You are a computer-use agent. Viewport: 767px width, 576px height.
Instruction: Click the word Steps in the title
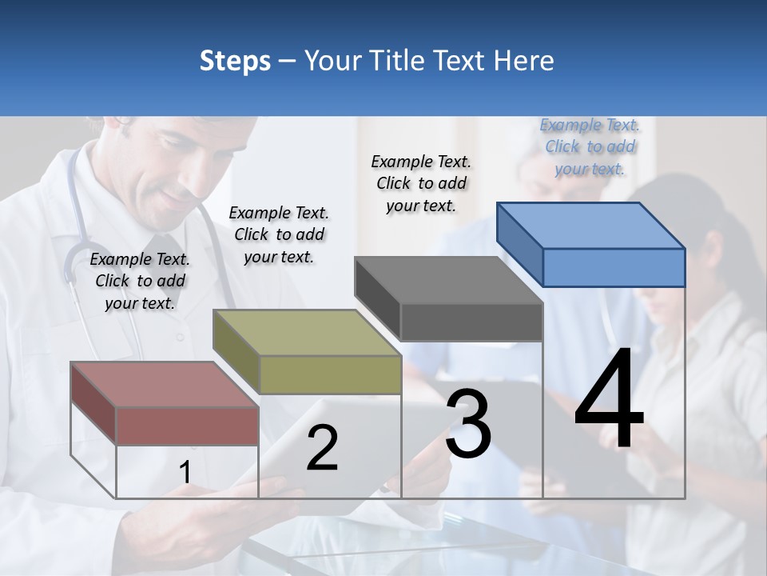click(x=235, y=62)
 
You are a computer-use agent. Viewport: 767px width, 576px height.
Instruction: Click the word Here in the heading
click(x=525, y=62)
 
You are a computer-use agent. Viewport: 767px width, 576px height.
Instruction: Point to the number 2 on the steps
click(x=322, y=448)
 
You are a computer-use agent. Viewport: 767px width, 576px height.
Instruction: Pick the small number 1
click(x=185, y=473)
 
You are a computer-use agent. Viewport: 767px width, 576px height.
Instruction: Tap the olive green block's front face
click(x=330, y=374)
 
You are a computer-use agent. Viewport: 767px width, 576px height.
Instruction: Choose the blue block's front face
click(x=614, y=267)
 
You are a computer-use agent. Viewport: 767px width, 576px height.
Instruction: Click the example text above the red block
click(x=140, y=281)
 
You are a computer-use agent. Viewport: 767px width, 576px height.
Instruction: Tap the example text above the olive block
click(x=279, y=234)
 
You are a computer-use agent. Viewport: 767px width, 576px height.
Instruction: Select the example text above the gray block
click(x=421, y=183)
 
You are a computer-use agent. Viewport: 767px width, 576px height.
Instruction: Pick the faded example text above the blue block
click(x=590, y=146)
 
